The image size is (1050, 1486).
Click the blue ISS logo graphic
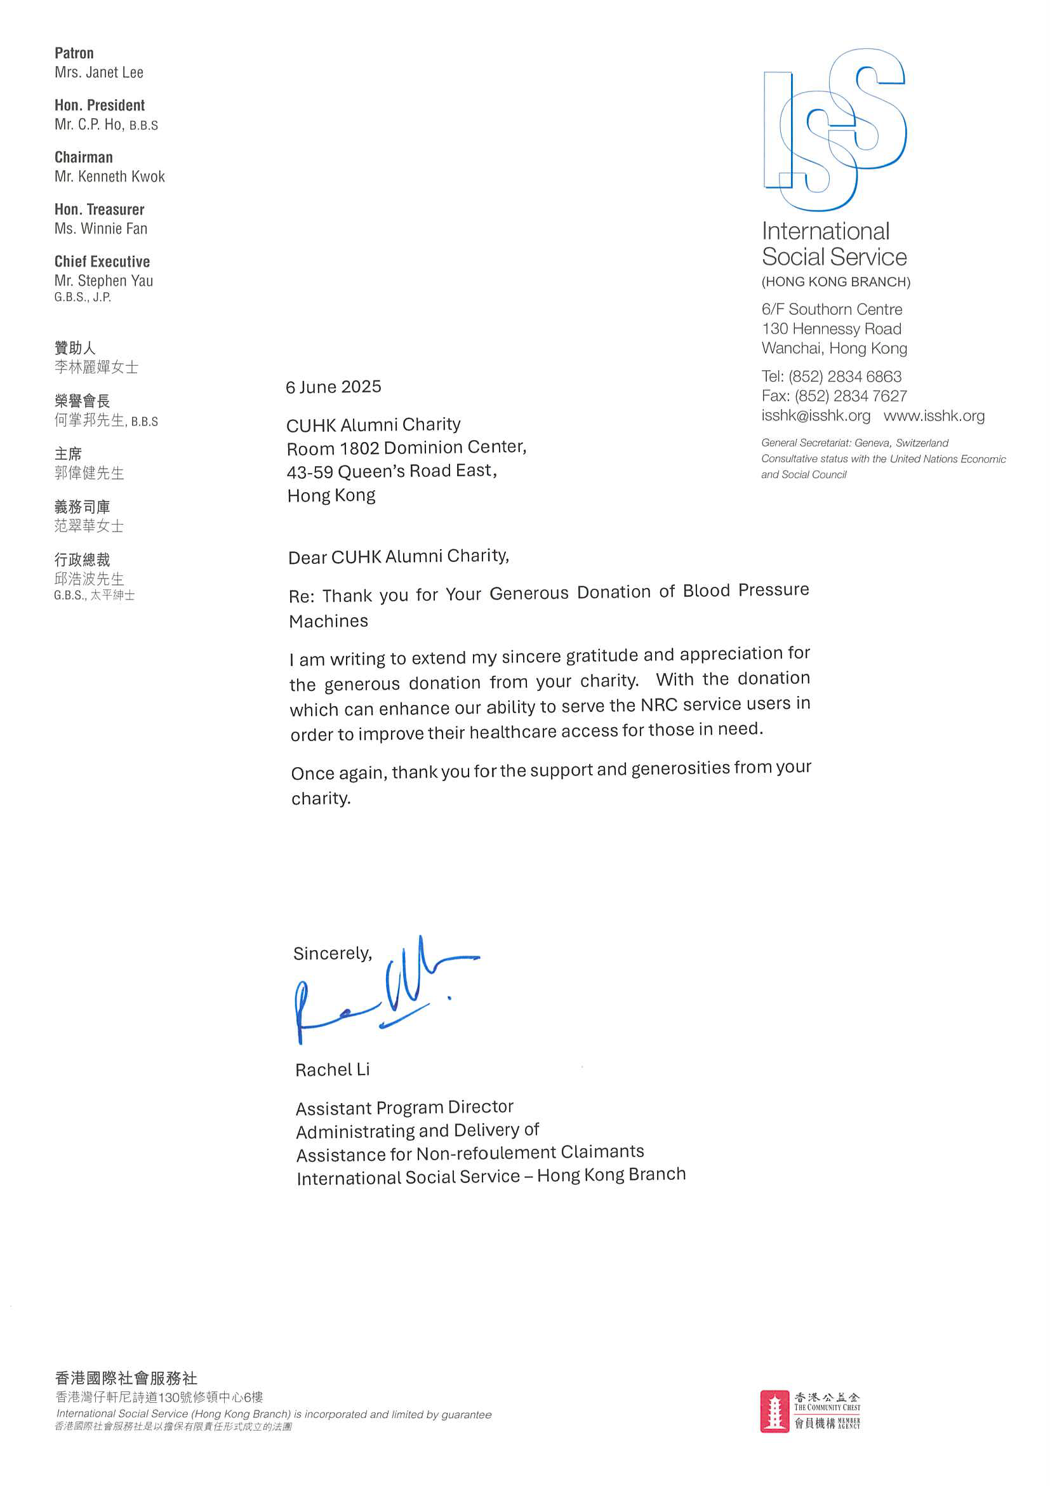(x=835, y=130)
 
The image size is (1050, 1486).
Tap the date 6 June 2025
(x=333, y=387)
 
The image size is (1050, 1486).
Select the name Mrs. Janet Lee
(x=99, y=72)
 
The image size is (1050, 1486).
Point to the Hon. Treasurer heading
(x=99, y=210)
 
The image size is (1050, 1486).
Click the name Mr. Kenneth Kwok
(x=109, y=177)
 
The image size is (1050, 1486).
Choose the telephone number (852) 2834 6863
(x=844, y=377)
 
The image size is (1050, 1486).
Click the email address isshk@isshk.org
(x=815, y=415)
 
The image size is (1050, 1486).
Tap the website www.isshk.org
(x=934, y=415)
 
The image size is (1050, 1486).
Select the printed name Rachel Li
(x=332, y=1070)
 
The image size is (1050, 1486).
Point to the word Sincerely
(x=332, y=953)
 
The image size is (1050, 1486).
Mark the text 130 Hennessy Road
(x=832, y=329)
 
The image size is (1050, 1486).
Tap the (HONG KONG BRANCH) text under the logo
(x=835, y=282)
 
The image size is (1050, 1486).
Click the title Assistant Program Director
(x=404, y=1108)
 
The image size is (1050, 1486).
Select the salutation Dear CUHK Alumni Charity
(x=399, y=556)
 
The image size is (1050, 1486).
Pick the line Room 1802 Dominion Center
(x=406, y=448)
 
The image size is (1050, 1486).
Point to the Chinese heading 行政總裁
(x=82, y=560)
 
